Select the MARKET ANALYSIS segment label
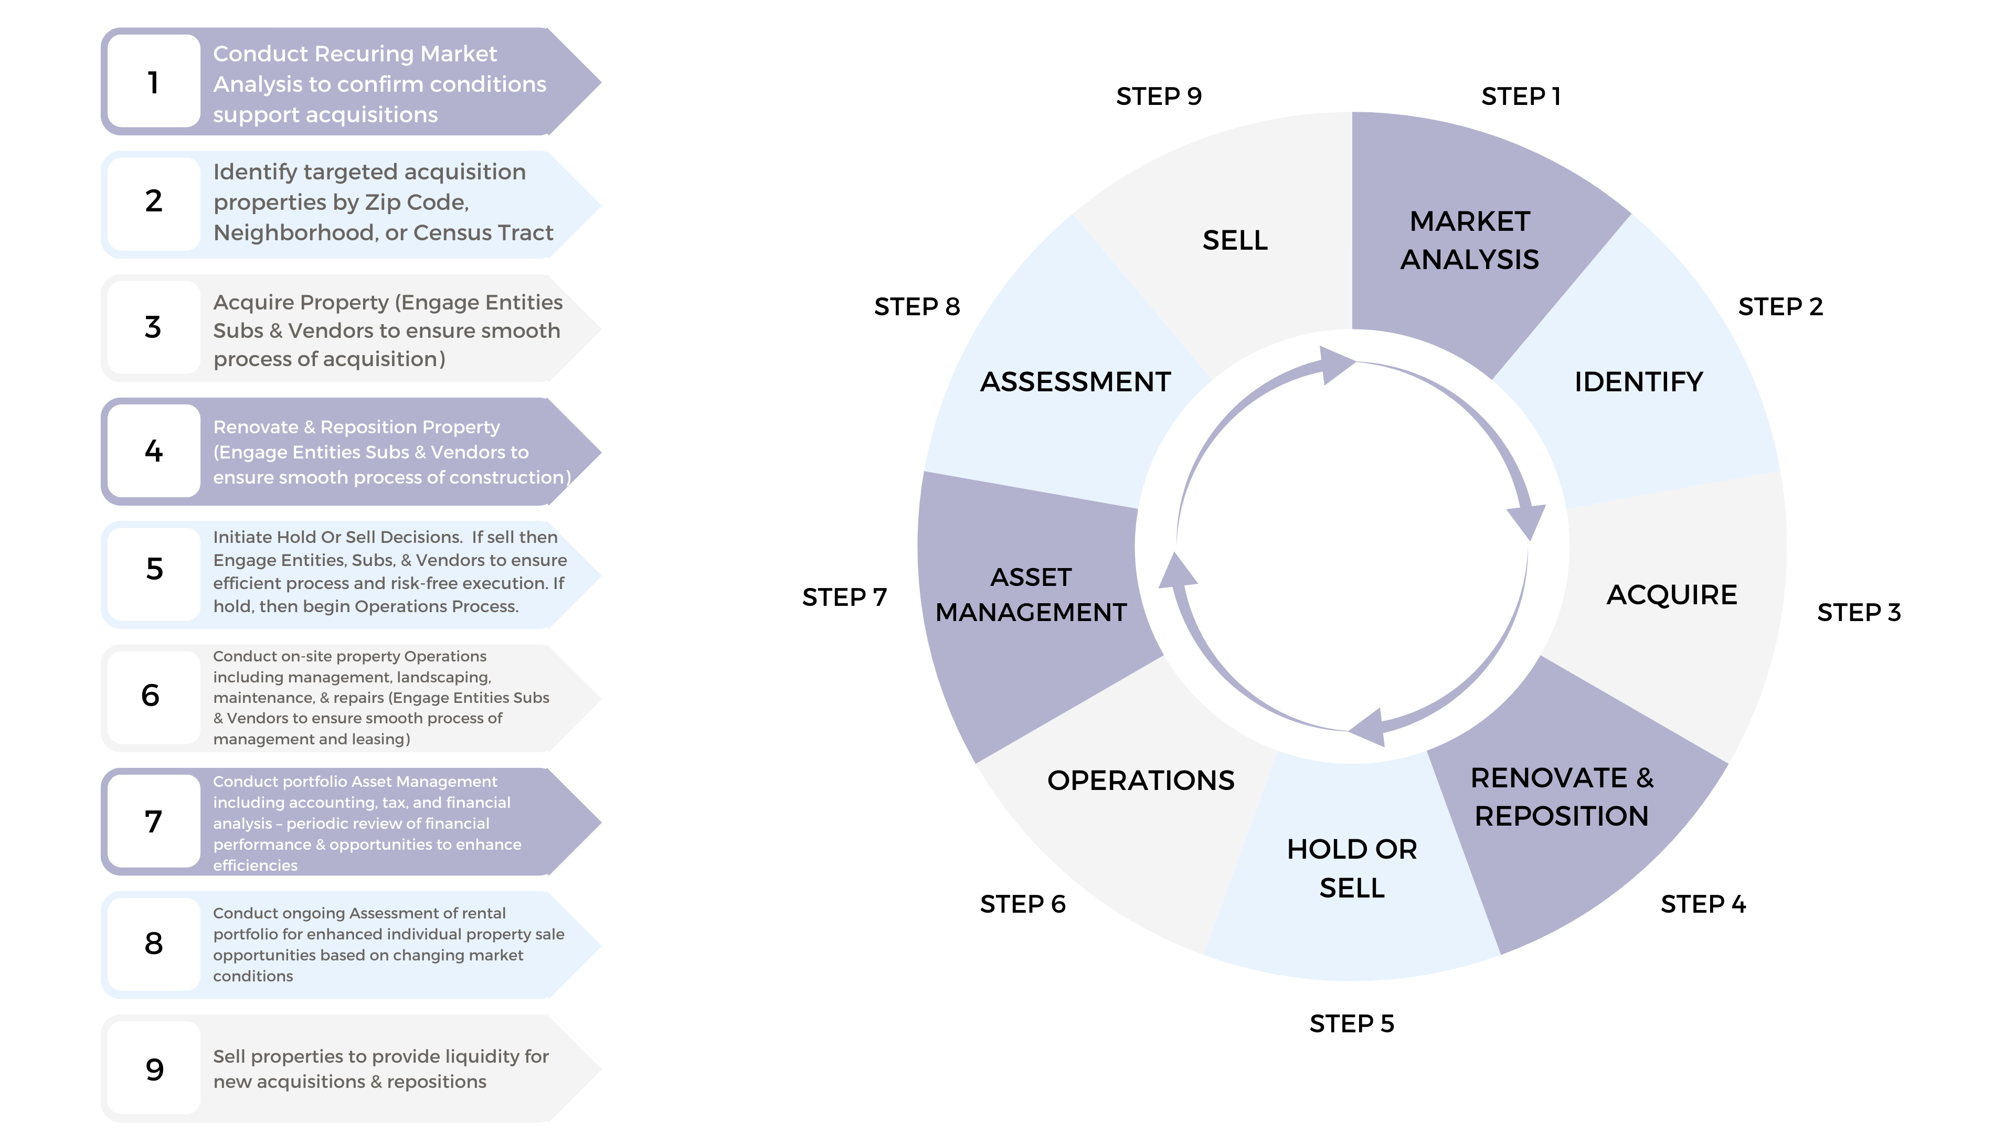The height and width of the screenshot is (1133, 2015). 1469,240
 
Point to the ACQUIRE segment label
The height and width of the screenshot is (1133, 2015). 1672,595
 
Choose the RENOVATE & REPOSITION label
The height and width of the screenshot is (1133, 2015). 1561,797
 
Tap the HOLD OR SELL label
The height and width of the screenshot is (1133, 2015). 1352,868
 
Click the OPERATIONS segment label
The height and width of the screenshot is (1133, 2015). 1140,781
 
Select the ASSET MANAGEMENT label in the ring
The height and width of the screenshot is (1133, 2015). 1031,594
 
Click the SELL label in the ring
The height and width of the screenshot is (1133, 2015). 1234,240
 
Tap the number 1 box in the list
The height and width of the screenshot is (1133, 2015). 153,82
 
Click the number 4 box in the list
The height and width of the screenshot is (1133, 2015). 153,451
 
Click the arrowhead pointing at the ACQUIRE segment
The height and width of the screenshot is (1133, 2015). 1527,520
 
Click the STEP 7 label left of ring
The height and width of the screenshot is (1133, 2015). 844,597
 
